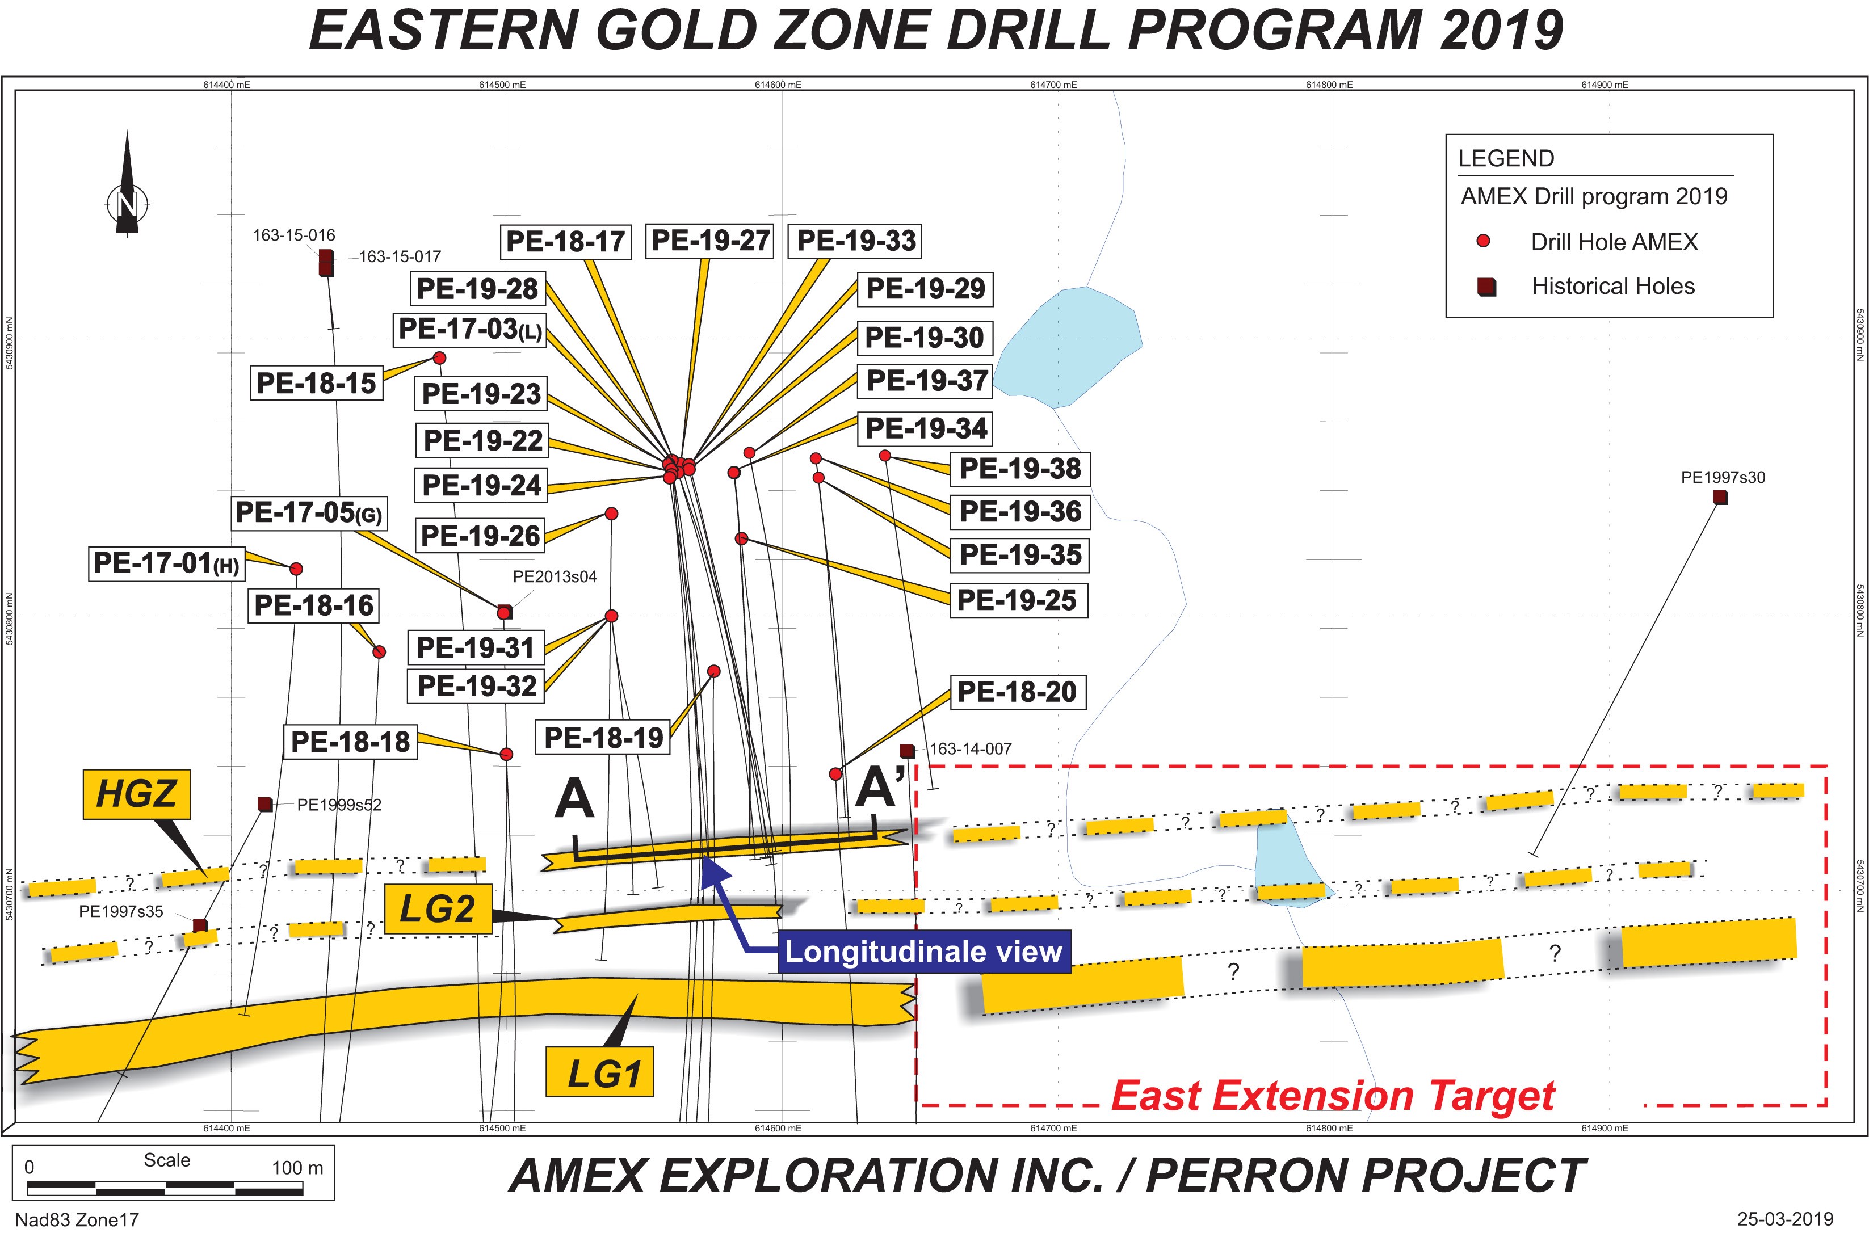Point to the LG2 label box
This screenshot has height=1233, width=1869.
(438, 909)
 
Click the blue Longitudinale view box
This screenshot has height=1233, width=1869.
(924, 952)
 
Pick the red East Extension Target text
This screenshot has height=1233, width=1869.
(1333, 1095)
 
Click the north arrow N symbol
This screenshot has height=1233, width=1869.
(127, 203)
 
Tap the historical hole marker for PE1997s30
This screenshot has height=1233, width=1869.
(1720, 497)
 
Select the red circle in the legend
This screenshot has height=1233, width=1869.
(1484, 241)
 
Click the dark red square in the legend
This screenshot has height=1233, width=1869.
(1486, 286)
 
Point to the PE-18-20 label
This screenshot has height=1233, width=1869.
(1018, 692)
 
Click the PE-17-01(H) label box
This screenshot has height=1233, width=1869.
(166, 564)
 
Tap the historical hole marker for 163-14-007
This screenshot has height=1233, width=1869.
(907, 751)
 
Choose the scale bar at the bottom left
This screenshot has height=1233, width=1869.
(165, 1188)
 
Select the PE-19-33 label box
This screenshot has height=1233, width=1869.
(856, 241)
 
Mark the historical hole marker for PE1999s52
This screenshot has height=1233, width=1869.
(265, 803)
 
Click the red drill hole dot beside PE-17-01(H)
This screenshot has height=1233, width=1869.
(297, 569)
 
